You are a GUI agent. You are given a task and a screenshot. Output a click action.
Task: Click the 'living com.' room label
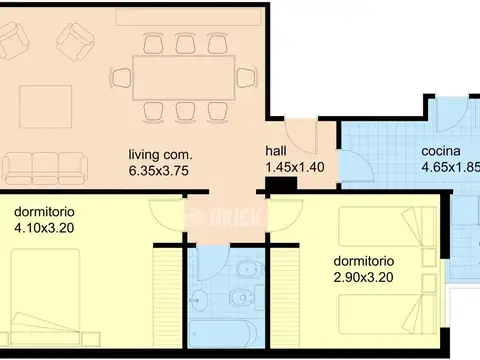159,155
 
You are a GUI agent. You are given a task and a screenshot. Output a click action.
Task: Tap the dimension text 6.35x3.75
159,170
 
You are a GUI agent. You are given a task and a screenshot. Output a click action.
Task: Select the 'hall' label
275,150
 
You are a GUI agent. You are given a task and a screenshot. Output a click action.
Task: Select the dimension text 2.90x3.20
363,277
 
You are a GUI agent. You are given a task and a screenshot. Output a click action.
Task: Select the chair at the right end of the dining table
245,77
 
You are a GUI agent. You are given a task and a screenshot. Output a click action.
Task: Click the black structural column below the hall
274,185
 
